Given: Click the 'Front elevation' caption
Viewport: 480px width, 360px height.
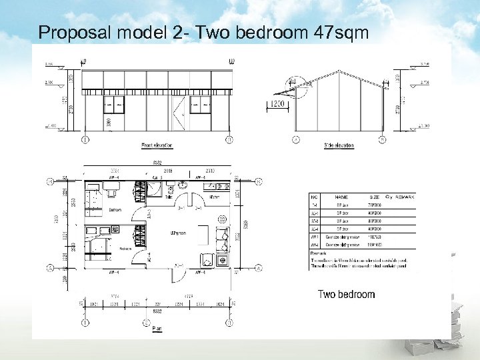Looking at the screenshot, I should pyautogui.click(x=157, y=145).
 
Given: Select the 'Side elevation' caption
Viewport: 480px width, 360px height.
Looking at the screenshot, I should pyautogui.click(x=338, y=145).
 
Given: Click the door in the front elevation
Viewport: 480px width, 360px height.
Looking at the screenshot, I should pyautogui.click(x=178, y=113).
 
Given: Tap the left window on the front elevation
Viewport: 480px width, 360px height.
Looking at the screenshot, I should pyautogui.click(x=112, y=105).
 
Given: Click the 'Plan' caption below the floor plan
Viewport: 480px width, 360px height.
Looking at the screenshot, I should pyautogui.click(x=157, y=328).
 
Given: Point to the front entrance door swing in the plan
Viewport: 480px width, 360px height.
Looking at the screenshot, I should pyautogui.click(x=179, y=265).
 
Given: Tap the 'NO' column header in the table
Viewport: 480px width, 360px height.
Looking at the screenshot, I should pyautogui.click(x=313, y=197).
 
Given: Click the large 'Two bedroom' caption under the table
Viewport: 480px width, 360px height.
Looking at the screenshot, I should pyautogui.click(x=346, y=294).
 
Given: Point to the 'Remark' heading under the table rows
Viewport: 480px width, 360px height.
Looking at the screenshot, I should pyautogui.click(x=318, y=254).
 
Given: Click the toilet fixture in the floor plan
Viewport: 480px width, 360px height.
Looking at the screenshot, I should pyautogui.click(x=156, y=191).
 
